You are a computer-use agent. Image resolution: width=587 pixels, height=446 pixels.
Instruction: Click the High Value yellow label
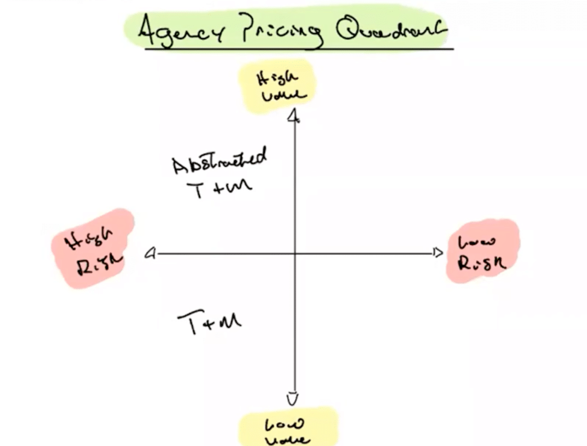pos(279,87)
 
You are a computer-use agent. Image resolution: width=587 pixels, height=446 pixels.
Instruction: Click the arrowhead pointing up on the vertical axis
pos(294,118)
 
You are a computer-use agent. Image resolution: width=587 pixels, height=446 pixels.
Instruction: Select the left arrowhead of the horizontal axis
pos(151,253)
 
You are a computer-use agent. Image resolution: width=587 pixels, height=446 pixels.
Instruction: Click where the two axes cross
pos(294,253)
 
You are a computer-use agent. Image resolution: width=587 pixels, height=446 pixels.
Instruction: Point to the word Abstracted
pos(220,161)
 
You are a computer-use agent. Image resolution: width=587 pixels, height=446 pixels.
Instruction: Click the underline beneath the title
pos(298,49)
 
